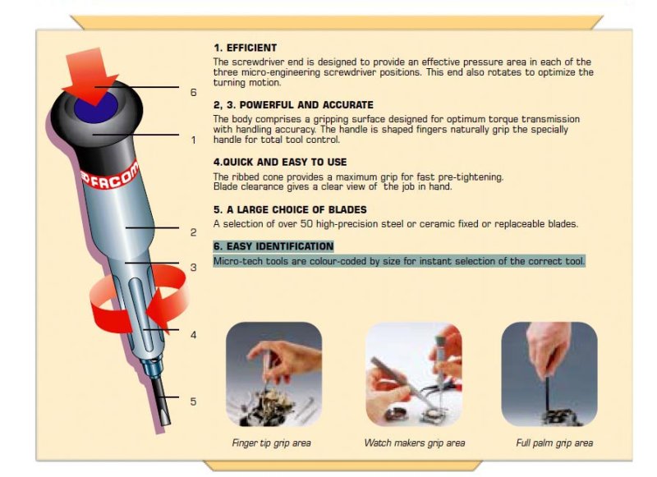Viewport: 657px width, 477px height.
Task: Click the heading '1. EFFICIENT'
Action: (245, 48)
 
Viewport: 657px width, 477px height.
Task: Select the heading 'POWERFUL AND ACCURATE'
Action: (306, 105)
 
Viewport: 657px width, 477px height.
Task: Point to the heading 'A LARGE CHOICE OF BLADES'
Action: (296, 209)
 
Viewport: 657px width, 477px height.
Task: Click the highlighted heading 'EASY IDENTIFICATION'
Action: (280, 245)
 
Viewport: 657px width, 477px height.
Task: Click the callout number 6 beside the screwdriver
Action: (193, 92)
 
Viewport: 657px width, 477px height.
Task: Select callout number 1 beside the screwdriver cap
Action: (193, 140)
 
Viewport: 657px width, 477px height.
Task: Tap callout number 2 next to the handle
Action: (193, 232)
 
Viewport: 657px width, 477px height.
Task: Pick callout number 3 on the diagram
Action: (193, 267)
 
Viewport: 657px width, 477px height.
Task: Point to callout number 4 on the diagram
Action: (193, 335)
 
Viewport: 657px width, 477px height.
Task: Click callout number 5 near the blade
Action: (193, 401)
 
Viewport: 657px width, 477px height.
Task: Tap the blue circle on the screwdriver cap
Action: (96, 108)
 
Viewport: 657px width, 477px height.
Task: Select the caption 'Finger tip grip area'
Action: (272, 443)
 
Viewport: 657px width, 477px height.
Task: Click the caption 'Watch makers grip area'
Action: (415, 443)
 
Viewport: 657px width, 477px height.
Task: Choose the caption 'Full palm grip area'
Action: (554, 443)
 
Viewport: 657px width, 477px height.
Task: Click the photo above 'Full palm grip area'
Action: (549, 374)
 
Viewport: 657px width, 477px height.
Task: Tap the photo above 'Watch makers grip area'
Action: (414, 374)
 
